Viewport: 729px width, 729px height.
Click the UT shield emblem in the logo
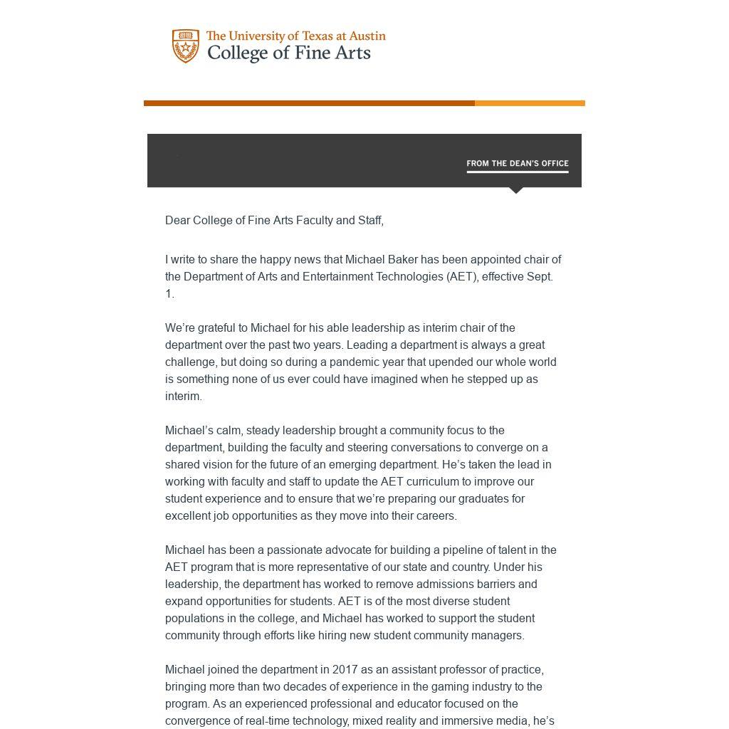(186, 46)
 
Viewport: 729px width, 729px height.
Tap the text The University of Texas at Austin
(295, 36)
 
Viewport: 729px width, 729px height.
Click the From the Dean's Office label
(518, 164)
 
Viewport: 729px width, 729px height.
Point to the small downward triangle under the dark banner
(517, 190)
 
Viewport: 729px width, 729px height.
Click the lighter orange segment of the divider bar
(530, 103)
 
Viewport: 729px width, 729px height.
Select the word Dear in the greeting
(178, 221)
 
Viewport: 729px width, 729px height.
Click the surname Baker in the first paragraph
(403, 260)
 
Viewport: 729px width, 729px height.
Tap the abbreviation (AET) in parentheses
(462, 277)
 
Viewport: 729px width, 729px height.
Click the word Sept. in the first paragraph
(540, 277)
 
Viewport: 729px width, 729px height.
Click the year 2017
(345, 670)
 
